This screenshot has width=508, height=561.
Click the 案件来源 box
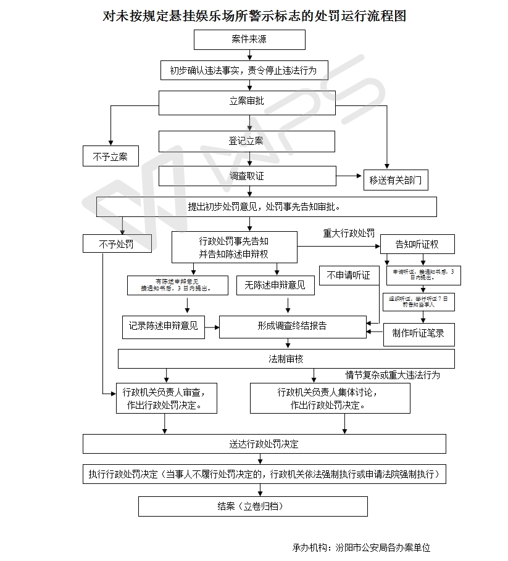click(x=249, y=39)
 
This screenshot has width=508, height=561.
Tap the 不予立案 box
click(x=110, y=157)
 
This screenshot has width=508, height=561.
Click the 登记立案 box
click(x=247, y=141)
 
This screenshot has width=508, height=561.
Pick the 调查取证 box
click(x=247, y=176)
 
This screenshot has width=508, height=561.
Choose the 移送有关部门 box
click(x=396, y=180)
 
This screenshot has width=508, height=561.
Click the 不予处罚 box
click(x=117, y=244)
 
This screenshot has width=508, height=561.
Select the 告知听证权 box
click(x=417, y=244)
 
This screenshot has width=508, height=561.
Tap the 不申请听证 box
click(x=349, y=276)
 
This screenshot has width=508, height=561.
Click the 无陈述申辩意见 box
click(x=275, y=284)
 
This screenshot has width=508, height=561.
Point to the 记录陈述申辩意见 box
click(x=164, y=326)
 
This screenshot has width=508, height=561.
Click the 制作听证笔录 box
click(x=418, y=334)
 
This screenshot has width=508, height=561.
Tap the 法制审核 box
click(x=286, y=359)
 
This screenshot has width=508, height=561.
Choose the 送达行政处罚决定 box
click(x=264, y=444)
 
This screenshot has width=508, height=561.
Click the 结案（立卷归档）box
click(x=252, y=507)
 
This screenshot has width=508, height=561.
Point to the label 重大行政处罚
click(x=349, y=234)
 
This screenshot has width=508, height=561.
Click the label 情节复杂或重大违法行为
click(x=393, y=375)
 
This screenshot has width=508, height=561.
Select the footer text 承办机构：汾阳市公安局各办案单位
click(x=362, y=547)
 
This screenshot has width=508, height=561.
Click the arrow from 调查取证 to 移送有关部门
click(x=349, y=176)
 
